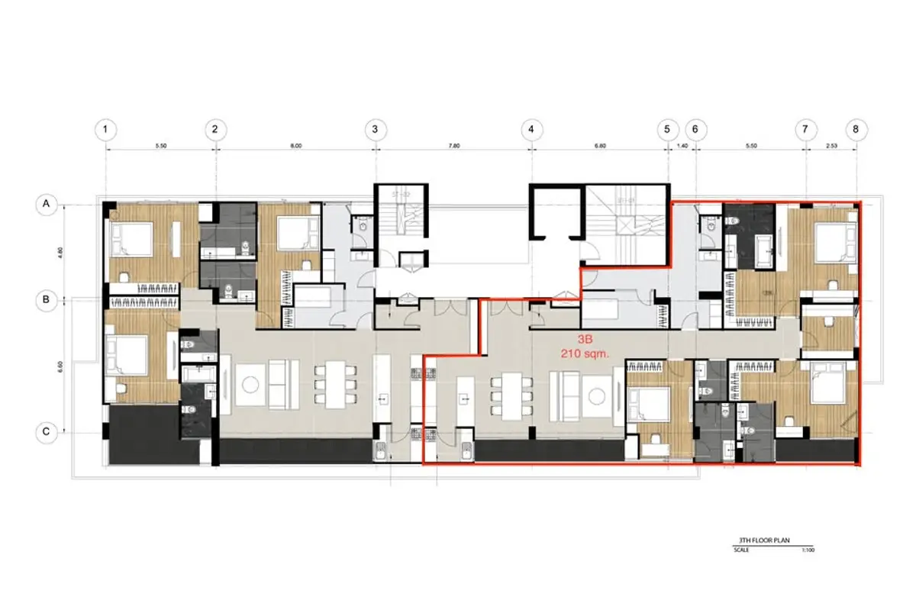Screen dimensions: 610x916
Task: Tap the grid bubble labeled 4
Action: [531, 129]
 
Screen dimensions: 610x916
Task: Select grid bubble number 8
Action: [856, 129]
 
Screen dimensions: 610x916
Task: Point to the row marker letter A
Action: [47, 204]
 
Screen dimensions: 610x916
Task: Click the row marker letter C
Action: [47, 433]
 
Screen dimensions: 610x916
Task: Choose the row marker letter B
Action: [47, 301]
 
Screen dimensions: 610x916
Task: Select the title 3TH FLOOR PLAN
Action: [764, 540]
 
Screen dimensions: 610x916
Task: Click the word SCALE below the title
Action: [741, 549]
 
